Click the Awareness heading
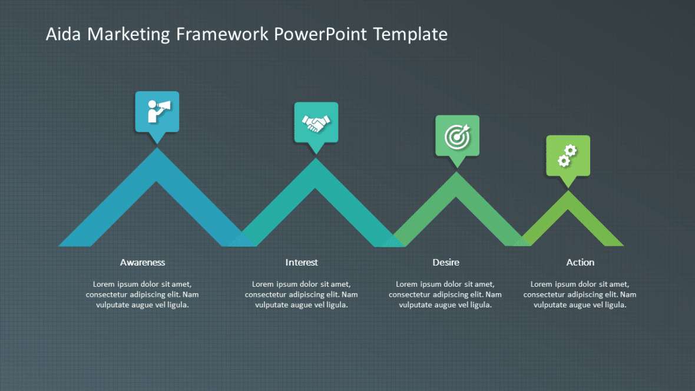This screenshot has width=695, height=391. click(143, 262)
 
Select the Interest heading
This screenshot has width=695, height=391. click(302, 262)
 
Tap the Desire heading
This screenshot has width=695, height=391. click(446, 262)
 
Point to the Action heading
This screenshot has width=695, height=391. click(580, 262)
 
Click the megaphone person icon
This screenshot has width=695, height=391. click(157, 111)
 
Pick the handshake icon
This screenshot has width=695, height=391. click(316, 122)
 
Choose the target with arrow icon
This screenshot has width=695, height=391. click(457, 136)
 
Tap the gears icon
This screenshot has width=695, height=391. click(567, 155)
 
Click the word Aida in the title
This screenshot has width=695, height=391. click(64, 34)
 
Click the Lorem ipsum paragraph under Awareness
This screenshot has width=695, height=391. click(143, 294)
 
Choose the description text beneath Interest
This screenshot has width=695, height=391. click(302, 294)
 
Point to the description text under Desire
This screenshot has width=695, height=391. click(446, 294)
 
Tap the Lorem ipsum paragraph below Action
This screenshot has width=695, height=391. click(580, 294)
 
